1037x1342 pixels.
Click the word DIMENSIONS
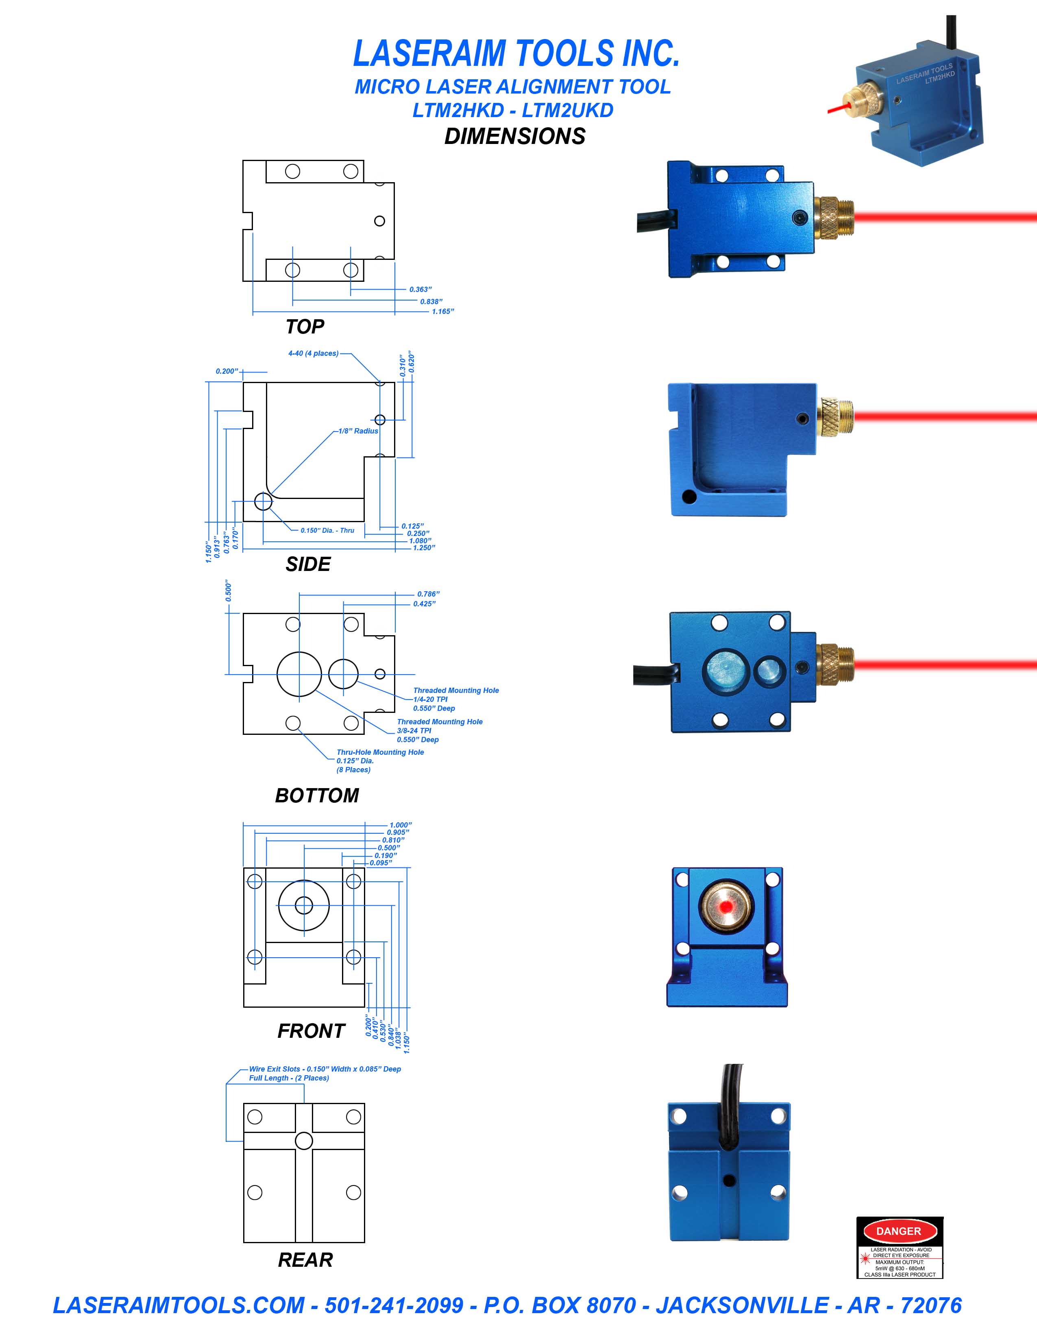tap(515, 136)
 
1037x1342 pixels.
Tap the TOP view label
tap(305, 326)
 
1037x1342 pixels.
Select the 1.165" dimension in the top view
tap(442, 312)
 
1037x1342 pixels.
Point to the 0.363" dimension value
tap(420, 290)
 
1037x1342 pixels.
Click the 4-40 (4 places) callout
tap(313, 353)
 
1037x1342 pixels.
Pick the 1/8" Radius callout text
tap(358, 431)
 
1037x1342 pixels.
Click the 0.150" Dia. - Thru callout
tap(327, 530)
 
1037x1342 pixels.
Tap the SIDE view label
tap(308, 564)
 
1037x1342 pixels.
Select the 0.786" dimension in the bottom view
tap(428, 594)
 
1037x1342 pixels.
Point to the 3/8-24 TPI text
tap(414, 731)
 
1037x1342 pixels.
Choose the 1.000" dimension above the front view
tap(400, 825)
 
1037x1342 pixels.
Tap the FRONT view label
tap(311, 1030)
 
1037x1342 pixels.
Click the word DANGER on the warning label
tap(898, 1231)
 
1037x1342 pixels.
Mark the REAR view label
tap(305, 1260)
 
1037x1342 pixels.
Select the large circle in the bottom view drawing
tap(299, 674)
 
